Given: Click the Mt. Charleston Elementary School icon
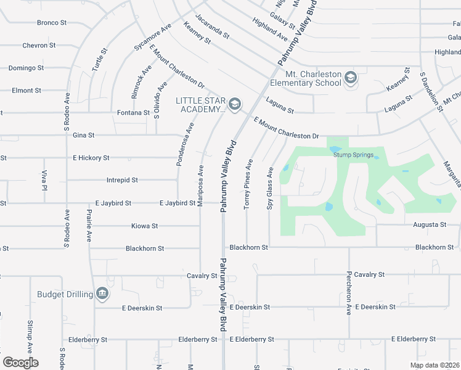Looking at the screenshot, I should (351, 77).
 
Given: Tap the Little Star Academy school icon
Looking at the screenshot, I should (234, 105).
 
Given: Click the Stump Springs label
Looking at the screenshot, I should (353, 155).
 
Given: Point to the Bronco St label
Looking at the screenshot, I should (52, 23).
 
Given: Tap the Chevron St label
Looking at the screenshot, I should (39, 46).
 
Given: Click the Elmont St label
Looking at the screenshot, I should (27, 91).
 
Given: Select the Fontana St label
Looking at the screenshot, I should (134, 113).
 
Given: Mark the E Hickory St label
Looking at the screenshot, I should (91, 158).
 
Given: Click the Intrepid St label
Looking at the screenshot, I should (121, 180).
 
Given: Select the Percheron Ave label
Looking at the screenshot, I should (349, 293).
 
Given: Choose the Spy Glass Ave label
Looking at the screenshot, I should (269, 188).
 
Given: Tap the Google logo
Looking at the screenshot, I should (20, 363).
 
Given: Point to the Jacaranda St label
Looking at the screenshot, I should (212, 27).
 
